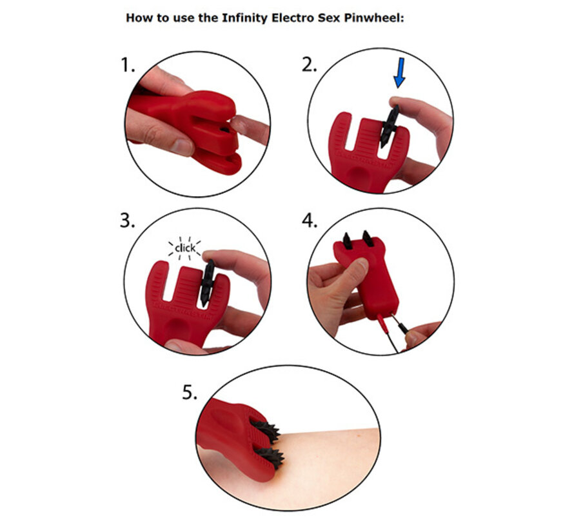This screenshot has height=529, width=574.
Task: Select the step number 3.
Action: click(x=128, y=221)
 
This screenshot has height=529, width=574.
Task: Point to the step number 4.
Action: click(x=310, y=221)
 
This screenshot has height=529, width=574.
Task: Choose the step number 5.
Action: click(x=189, y=393)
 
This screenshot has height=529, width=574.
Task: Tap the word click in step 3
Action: click(x=185, y=248)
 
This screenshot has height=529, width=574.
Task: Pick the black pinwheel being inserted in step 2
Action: click(x=389, y=126)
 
